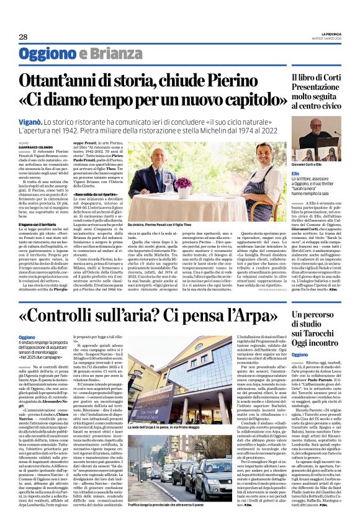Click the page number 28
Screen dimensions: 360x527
[23, 37]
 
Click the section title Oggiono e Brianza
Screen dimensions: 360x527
[81, 54]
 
